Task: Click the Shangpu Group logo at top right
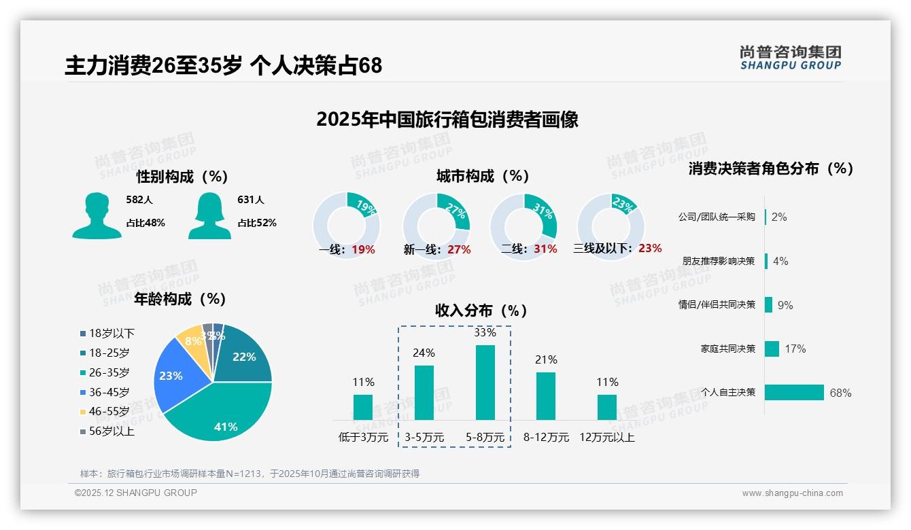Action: coord(791,58)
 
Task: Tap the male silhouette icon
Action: coord(97,215)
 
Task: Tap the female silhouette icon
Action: coord(209,215)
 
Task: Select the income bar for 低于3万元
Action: coord(363,407)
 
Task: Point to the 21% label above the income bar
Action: coord(546,360)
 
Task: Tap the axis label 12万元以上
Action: coord(606,438)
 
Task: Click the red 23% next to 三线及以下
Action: coord(650,249)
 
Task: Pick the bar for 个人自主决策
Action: coord(794,393)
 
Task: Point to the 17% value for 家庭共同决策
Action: coord(795,349)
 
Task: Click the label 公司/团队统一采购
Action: coord(717,217)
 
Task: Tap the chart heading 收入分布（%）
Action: coord(481,311)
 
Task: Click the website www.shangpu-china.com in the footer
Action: coord(792,493)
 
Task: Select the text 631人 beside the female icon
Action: coord(251,200)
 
